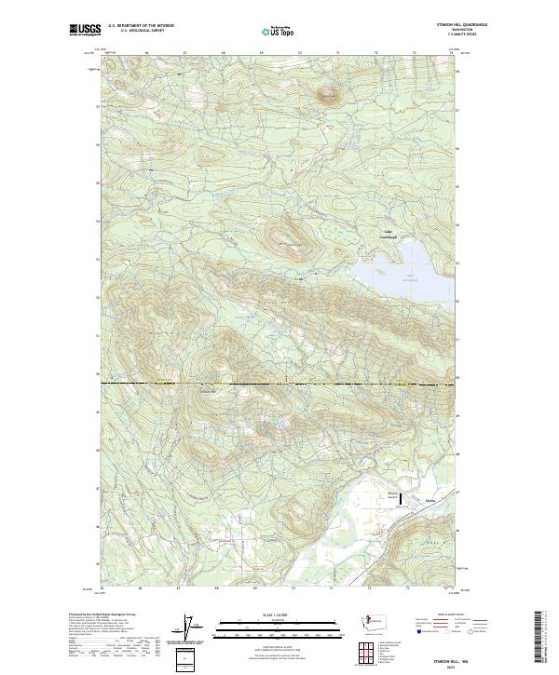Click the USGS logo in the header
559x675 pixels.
click(85, 31)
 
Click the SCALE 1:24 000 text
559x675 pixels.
click(279, 614)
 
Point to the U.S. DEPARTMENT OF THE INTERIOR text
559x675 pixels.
click(141, 26)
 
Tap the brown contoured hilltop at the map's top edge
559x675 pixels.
click(327, 93)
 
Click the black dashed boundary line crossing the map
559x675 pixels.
click(279, 383)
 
